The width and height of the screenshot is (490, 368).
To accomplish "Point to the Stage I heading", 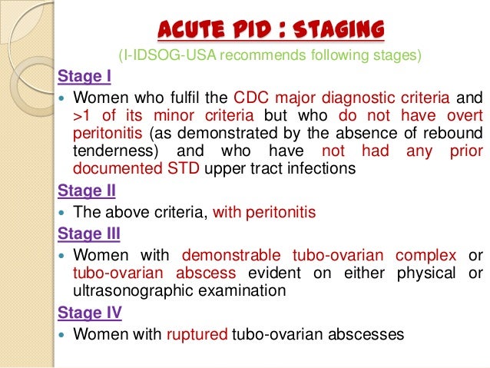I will tap(79, 77).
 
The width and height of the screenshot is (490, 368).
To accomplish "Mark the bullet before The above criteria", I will tap(63, 212).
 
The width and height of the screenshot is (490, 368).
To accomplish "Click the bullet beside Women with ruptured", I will tap(63, 335).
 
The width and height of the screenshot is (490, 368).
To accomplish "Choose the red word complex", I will tap(431, 255).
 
